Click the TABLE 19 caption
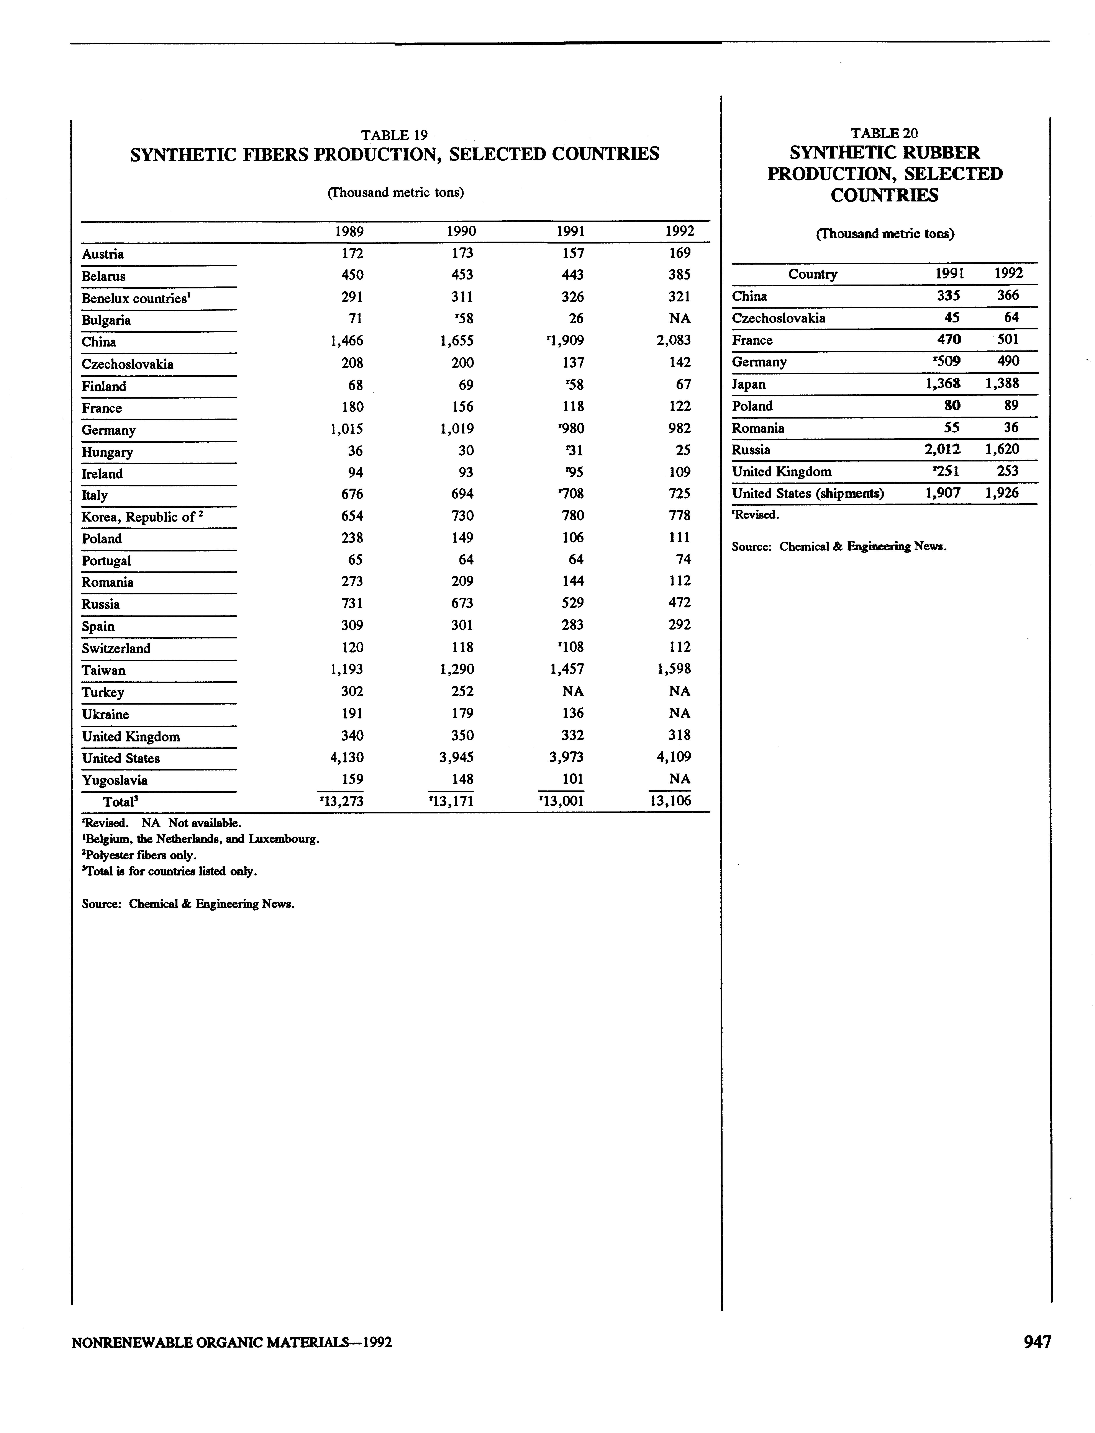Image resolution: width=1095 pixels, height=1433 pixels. click(x=394, y=135)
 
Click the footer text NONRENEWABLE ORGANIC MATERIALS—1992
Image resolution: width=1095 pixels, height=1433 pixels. click(x=231, y=1342)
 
